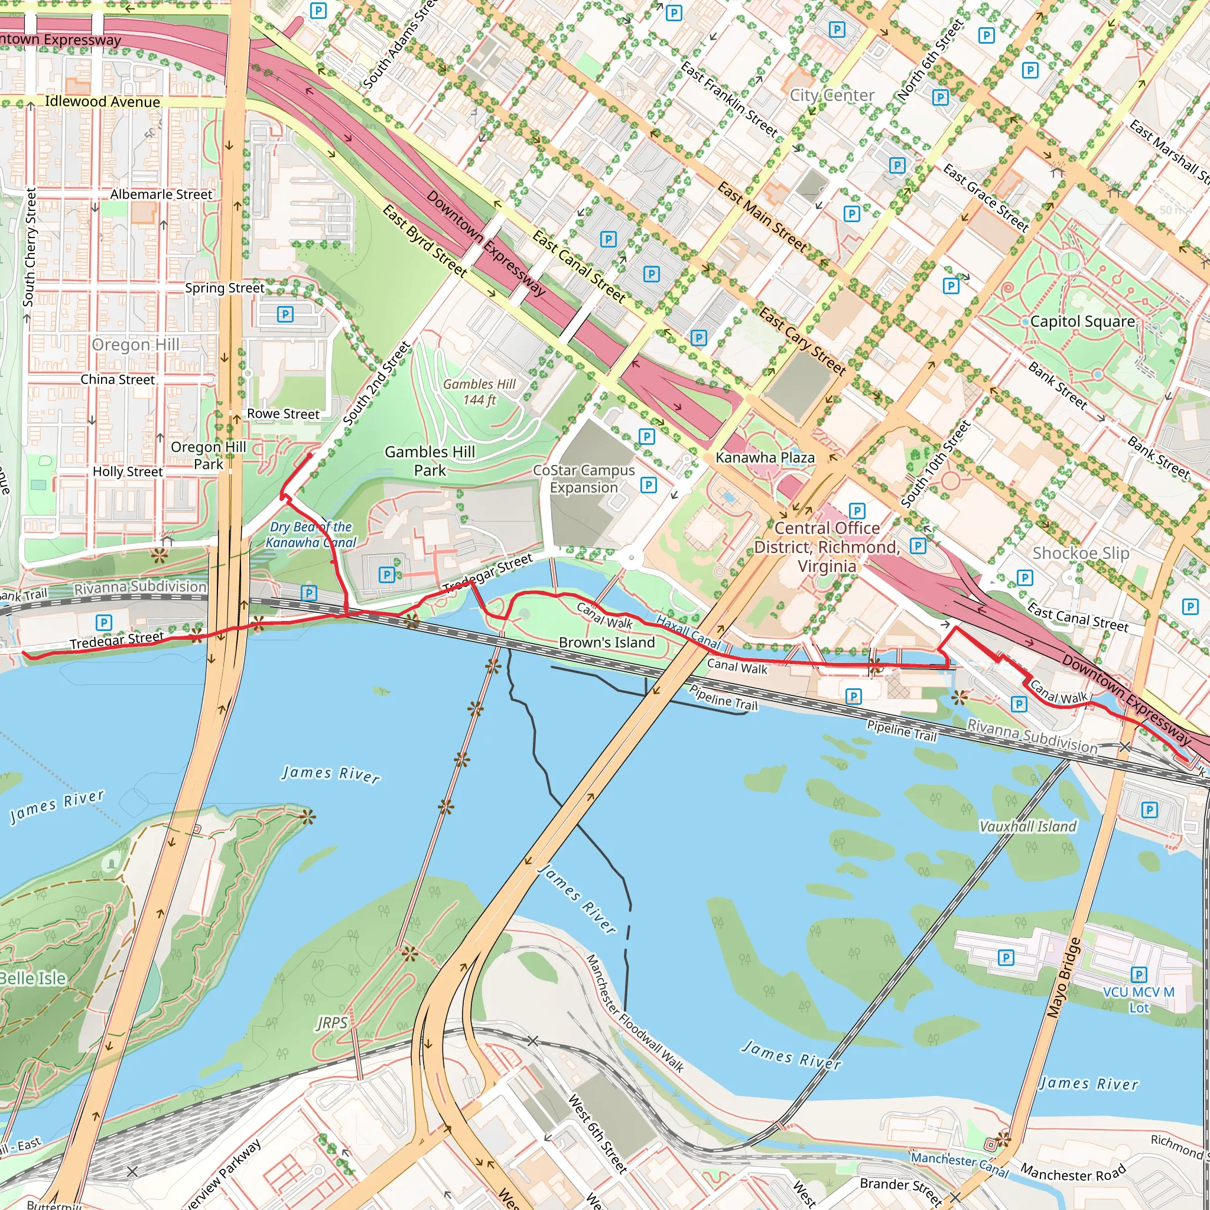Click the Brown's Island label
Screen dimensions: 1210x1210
(x=606, y=643)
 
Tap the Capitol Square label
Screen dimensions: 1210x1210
(x=1082, y=322)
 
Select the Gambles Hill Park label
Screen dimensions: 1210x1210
(x=430, y=461)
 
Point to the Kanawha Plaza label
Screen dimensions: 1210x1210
(x=765, y=458)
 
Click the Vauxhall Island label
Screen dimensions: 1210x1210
(x=1028, y=827)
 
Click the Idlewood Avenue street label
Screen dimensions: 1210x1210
(x=102, y=102)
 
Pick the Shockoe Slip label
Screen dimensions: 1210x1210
(x=1081, y=553)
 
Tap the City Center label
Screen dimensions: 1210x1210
(x=832, y=95)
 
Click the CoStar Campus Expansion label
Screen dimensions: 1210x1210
(x=584, y=479)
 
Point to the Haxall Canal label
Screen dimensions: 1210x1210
(x=688, y=632)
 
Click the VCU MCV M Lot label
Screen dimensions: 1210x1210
(x=1139, y=1000)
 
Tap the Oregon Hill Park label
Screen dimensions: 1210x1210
(x=209, y=456)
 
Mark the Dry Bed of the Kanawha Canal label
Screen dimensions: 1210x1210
(x=311, y=535)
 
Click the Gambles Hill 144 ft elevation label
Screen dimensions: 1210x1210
(x=479, y=392)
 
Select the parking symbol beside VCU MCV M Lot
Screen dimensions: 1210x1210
(x=1139, y=974)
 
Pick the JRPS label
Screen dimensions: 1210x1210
(x=332, y=1023)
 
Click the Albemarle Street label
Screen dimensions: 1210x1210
(x=161, y=195)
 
